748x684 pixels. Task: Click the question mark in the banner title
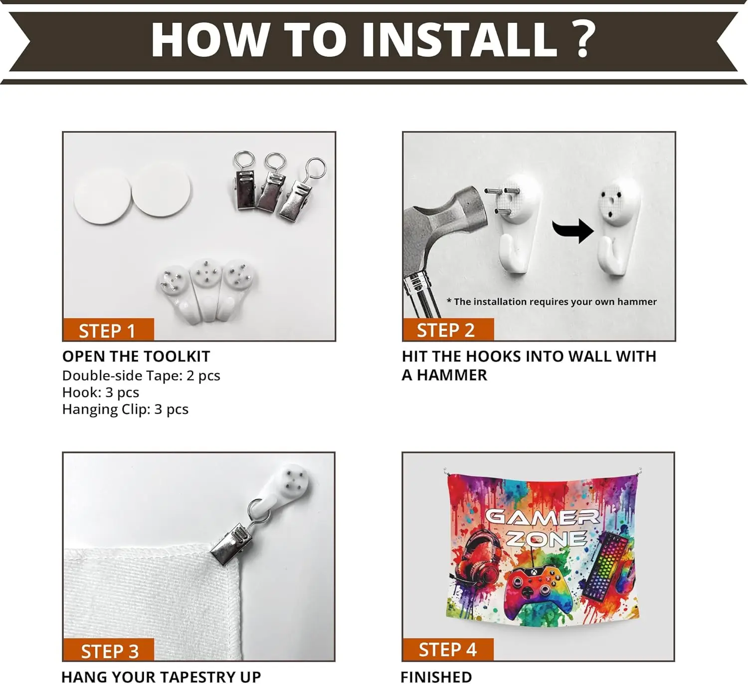click(579, 39)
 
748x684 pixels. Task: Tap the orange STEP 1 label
click(108, 329)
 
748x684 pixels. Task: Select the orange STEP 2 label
click(448, 329)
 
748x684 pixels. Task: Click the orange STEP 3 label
click(108, 650)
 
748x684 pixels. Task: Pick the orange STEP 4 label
click(448, 650)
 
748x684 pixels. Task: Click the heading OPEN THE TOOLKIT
click(136, 357)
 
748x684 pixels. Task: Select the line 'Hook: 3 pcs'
click(101, 392)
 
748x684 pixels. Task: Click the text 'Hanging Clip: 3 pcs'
click(125, 410)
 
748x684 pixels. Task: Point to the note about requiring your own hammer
click(552, 302)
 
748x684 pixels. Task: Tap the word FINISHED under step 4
click(436, 677)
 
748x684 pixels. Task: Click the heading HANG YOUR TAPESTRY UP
click(161, 677)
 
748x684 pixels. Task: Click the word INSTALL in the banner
click(459, 39)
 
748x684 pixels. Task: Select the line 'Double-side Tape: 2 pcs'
click(141, 376)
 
